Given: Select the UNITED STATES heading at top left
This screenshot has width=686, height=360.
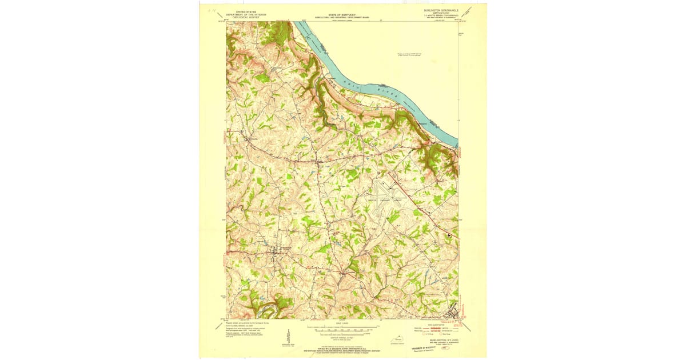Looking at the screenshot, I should (x=242, y=11).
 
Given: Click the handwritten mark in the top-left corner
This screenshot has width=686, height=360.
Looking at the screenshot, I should (x=211, y=10).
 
